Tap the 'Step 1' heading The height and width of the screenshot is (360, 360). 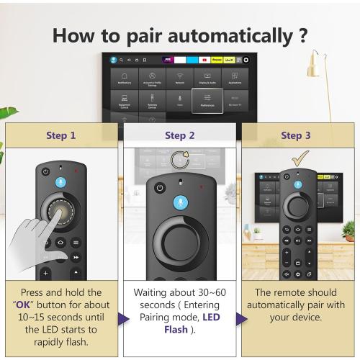61,135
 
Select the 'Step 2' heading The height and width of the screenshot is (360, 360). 179,135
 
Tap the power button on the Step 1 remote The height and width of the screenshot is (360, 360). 45,172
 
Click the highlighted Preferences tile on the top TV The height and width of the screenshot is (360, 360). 207,102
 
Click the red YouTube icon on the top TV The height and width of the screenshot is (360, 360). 205,60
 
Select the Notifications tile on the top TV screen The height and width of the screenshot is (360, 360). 124,78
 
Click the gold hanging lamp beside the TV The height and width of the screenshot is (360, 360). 312,68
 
